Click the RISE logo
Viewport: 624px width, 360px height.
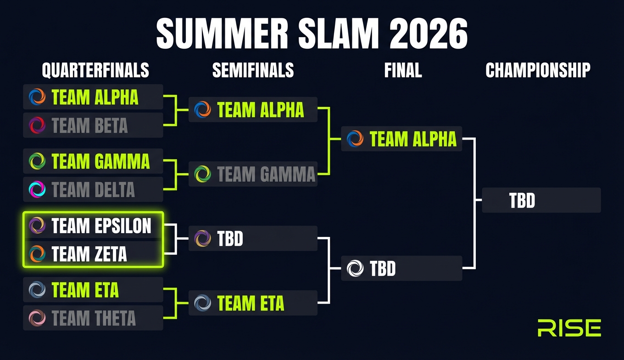pyautogui.click(x=569, y=328)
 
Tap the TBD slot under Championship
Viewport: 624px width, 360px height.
pyautogui.click(x=541, y=200)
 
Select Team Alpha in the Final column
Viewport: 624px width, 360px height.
pyautogui.click(x=401, y=139)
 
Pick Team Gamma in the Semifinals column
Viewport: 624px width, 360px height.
pyautogui.click(x=253, y=174)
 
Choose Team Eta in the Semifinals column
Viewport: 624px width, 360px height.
pyautogui.click(x=253, y=303)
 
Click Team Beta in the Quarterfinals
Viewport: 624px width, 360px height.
pyautogui.click(x=89, y=125)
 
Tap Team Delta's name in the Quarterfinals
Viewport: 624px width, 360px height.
pyautogui.click(x=93, y=190)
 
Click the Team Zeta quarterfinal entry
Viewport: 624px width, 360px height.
pyautogui.click(x=89, y=254)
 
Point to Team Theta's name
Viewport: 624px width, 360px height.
pyautogui.click(x=94, y=318)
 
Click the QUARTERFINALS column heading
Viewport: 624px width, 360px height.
pyautogui.click(x=95, y=70)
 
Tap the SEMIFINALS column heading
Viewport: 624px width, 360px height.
pyautogui.click(x=253, y=70)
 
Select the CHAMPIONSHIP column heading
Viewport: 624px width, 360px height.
pyautogui.click(x=538, y=70)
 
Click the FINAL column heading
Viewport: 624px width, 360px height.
pyautogui.click(x=403, y=70)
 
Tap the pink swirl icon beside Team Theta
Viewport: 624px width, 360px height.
pyautogui.click(x=37, y=318)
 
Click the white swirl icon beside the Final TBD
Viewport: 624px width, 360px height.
pyautogui.click(x=355, y=268)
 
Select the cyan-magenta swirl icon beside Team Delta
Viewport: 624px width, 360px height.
pyautogui.click(x=37, y=189)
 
